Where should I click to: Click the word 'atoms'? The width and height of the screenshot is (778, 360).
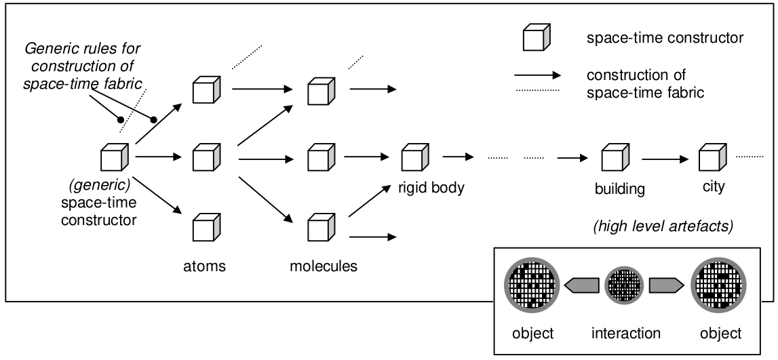point(205,266)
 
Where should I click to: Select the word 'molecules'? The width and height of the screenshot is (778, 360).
point(324,266)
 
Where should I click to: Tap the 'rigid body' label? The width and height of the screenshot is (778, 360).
point(431,187)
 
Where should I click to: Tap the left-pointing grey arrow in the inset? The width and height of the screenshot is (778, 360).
point(581,286)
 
